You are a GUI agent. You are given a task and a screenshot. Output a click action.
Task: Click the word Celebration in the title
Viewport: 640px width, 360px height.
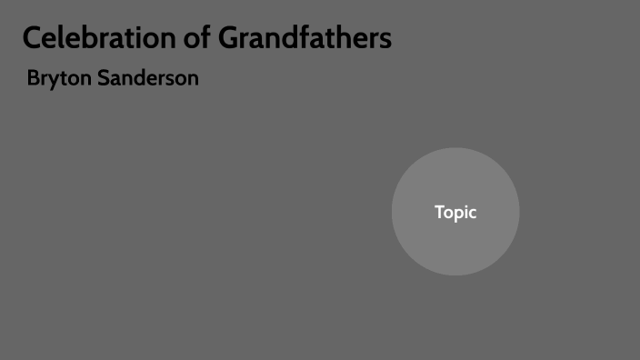tap(106, 38)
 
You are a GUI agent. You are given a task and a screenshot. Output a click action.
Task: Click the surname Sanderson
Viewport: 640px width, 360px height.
tap(147, 78)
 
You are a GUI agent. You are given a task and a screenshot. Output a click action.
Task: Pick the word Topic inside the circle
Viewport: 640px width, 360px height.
tap(455, 213)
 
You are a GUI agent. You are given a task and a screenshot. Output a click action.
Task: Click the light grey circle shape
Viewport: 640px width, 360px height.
tap(455, 245)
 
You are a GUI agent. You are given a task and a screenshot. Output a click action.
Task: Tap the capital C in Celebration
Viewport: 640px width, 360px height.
tap(32, 38)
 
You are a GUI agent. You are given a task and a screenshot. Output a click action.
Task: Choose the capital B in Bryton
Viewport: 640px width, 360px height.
tap(34, 78)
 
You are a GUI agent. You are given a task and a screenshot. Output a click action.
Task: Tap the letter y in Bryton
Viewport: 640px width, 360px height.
tap(53, 81)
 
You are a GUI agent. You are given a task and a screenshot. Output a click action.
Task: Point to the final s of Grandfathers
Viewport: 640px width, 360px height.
tap(386, 40)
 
